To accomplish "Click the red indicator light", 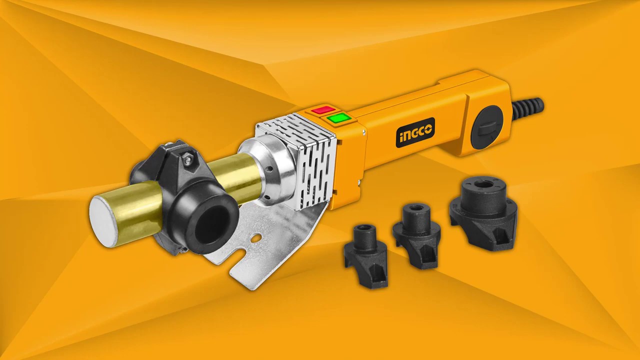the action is (323, 109).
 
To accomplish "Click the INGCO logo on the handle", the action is (415, 132).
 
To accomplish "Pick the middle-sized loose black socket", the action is (416, 236).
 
